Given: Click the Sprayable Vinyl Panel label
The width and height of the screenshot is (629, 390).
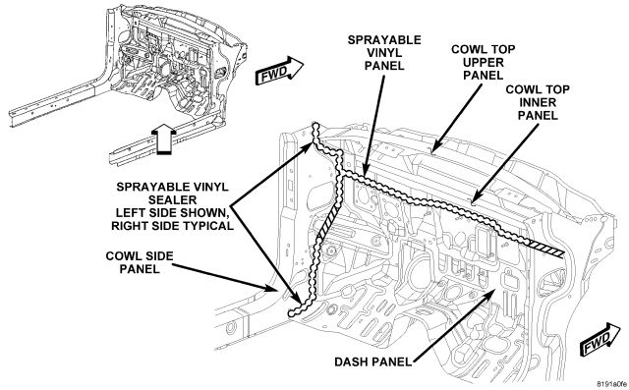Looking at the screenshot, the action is pyautogui.click(x=384, y=52).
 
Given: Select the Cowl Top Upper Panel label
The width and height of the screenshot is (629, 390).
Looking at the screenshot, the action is pyautogui.click(x=483, y=62).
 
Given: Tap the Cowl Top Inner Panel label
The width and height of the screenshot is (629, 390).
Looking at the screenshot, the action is pyautogui.click(x=538, y=102).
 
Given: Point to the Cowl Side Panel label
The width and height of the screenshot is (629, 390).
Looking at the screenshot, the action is pyautogui.click(x=140, y=262).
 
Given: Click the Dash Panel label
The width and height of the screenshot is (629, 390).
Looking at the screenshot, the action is pyautogui.click(x=373, y=362).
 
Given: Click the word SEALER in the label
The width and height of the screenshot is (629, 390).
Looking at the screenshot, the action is pyautogui.click(x=173, y=199).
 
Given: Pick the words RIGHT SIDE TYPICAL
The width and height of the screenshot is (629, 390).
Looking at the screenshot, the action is pyautogui.click(x=173, y=226).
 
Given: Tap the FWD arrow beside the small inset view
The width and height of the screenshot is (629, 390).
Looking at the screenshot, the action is pyautogui.click(x=279, y=71).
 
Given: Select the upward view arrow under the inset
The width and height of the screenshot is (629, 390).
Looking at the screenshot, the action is pyautogui.click(x=165, y=139).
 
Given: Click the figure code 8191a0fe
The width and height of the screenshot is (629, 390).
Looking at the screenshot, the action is pyautogui.click(x=611, y=383).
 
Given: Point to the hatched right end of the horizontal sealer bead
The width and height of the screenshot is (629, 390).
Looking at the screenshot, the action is pyautogui.click(x=545, y=248).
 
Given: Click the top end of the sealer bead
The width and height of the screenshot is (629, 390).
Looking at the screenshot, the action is pyautogui.click(x=315, y=127).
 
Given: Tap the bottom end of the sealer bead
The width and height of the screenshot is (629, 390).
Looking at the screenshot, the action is pyautogui.click(x=292, y=313).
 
